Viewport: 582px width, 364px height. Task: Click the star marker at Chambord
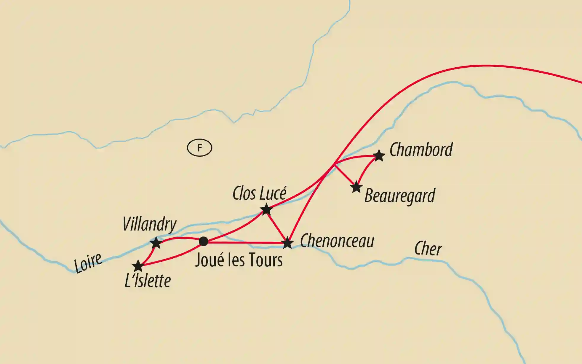point(379,156)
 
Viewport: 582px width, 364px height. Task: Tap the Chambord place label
point(421,150)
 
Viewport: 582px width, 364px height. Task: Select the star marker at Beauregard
point(356,187)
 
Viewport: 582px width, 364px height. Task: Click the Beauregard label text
point(399,196)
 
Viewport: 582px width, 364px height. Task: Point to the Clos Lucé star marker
point(266,209)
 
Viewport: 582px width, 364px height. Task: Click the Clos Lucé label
point(259,194)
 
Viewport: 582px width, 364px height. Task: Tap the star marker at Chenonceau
point(287,243)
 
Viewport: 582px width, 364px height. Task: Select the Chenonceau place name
point(337,241)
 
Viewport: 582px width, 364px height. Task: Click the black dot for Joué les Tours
point(203,241)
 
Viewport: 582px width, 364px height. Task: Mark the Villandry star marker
point(156,243)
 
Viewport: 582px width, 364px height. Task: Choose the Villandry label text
point(149,224)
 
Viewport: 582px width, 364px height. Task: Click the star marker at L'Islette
point(138,266)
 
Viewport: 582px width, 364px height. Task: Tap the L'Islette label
point(148,281)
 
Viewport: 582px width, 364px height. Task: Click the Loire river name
point(88,263)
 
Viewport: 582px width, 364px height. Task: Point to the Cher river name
point(428,249)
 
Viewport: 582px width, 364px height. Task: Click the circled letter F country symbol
point(199,148)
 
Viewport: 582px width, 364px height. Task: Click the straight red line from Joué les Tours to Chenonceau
point(246,243)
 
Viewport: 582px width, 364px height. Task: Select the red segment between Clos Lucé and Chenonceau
point(277,226)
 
